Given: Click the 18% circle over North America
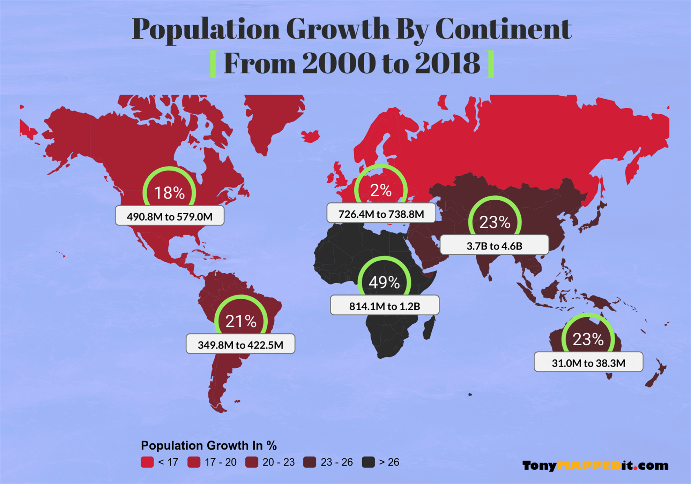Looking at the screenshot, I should tap(169, 192).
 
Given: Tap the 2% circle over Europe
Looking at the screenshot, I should tap(381, 190).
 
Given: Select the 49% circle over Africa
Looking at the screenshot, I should tap(384, 282).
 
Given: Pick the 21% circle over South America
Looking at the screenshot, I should tap(241, 321).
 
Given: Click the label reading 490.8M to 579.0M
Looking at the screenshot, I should tap(170, 216).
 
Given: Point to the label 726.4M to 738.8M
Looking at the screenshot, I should tap(381, 213).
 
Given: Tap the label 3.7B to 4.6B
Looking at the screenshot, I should tap(494, 245).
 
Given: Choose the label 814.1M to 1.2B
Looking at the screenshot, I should tap(385, 306).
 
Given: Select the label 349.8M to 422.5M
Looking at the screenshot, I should tap(240, 344).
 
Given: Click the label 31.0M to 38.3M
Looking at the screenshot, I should tap(588, 362).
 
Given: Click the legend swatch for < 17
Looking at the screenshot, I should tap(147, 462).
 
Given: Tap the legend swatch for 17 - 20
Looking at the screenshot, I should tap(194, 462).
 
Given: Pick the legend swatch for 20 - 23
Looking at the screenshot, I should tap(252, 462).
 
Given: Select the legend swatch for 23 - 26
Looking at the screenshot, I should tap(310, 462).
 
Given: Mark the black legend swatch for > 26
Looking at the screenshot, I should tap(368, 462).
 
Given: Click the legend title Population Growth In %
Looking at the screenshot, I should tap(209, 445).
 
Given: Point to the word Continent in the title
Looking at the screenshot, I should tap(503, 29).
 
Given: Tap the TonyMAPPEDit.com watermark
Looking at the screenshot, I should tap(595, 466).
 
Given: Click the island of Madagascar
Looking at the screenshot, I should tap(429, 329).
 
